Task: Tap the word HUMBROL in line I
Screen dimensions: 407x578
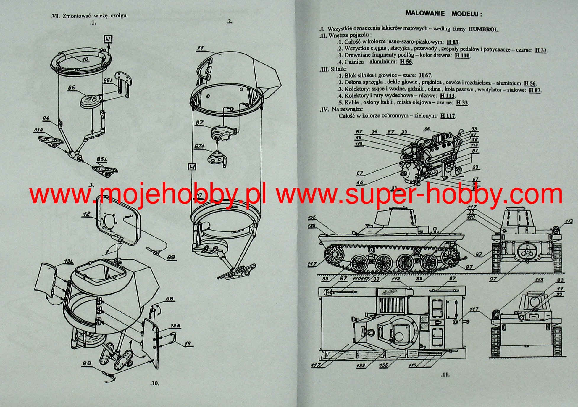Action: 484,29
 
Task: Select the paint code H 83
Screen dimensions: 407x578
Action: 453,42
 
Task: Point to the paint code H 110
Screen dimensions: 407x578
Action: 462,55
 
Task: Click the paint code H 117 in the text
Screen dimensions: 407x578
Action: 448,116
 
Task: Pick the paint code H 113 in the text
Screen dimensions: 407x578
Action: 447,96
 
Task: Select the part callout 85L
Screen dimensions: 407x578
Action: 101,160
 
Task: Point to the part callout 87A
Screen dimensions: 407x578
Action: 199,147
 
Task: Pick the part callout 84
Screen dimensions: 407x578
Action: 46,119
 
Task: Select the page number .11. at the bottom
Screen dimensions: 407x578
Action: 445,375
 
